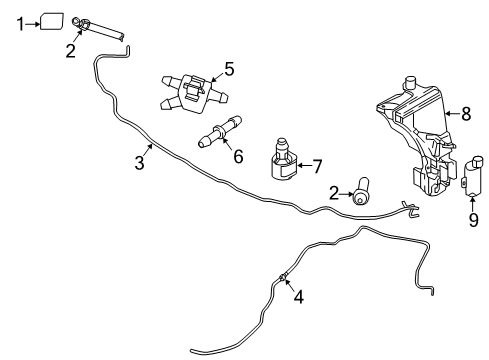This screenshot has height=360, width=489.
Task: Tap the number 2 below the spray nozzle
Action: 70,50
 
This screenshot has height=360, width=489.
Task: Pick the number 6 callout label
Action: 237,157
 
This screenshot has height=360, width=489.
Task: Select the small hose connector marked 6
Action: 222,133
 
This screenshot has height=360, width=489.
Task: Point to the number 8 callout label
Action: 467,114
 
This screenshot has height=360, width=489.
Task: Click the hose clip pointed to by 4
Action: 284,276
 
